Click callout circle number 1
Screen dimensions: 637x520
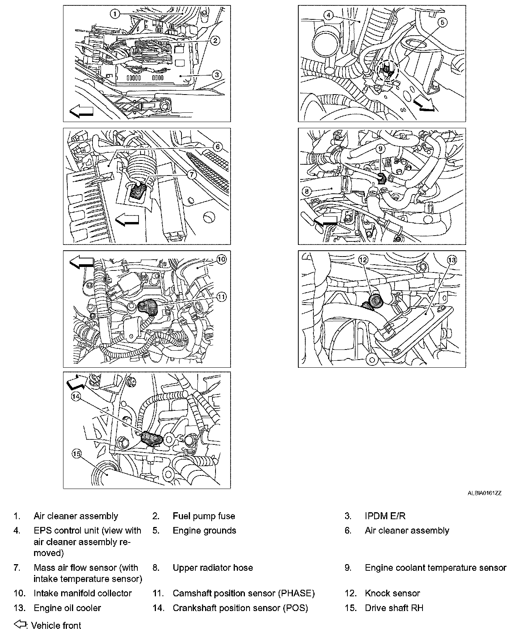tap(115, 14)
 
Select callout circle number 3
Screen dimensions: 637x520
tap(217, 75)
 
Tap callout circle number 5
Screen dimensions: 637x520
tap(443, 22)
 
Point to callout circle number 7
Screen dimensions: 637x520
tap(192, 175)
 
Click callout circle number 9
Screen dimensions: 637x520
tap(380, 148)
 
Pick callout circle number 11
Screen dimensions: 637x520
tap(221, 297)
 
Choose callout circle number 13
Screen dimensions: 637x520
tap(452, 260)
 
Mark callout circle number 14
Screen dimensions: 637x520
tap(76, 396)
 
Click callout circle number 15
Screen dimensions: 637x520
tap(77, 454)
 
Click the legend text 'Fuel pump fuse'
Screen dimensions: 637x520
tap(204, 516)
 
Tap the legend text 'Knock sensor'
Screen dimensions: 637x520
tap(392, 593)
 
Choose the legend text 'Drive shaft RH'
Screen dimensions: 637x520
tap(394, 608)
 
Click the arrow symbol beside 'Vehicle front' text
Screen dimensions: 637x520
tap(21, 625)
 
